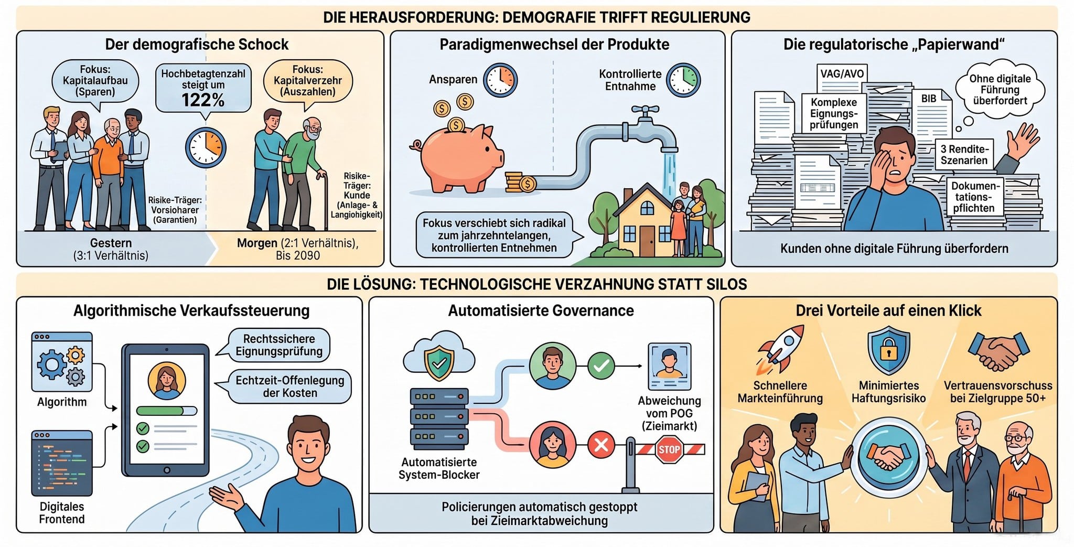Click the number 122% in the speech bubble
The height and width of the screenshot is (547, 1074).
[x=203, y=100]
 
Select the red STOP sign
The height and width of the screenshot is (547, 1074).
[x=669, y=449]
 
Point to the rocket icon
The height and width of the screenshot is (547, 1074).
[x=780, y=348]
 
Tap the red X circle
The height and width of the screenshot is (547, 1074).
[x=601, y=445]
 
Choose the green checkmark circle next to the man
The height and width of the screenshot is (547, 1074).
[x=601, y=366]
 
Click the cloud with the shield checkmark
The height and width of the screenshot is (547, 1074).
[x=439, y=357]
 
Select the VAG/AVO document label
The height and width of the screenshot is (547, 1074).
[x=842, y=73]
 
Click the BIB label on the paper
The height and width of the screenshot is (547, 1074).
[x=929, y=99]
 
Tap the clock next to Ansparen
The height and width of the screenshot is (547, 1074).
[x=500, y=80]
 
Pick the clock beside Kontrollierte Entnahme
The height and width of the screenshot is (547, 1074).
[x=683, y=80]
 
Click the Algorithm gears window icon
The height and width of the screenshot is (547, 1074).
[x=62, y=362]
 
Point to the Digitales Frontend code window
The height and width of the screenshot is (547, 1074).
[x=62, y=463]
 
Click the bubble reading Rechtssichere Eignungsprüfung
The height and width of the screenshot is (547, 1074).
[x=278, y=345]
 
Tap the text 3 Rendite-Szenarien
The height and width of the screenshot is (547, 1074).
[x=964, y=155]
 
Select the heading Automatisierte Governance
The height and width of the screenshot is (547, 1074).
[x=541, y=310]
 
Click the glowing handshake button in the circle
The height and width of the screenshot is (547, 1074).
[x=888, y=457]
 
